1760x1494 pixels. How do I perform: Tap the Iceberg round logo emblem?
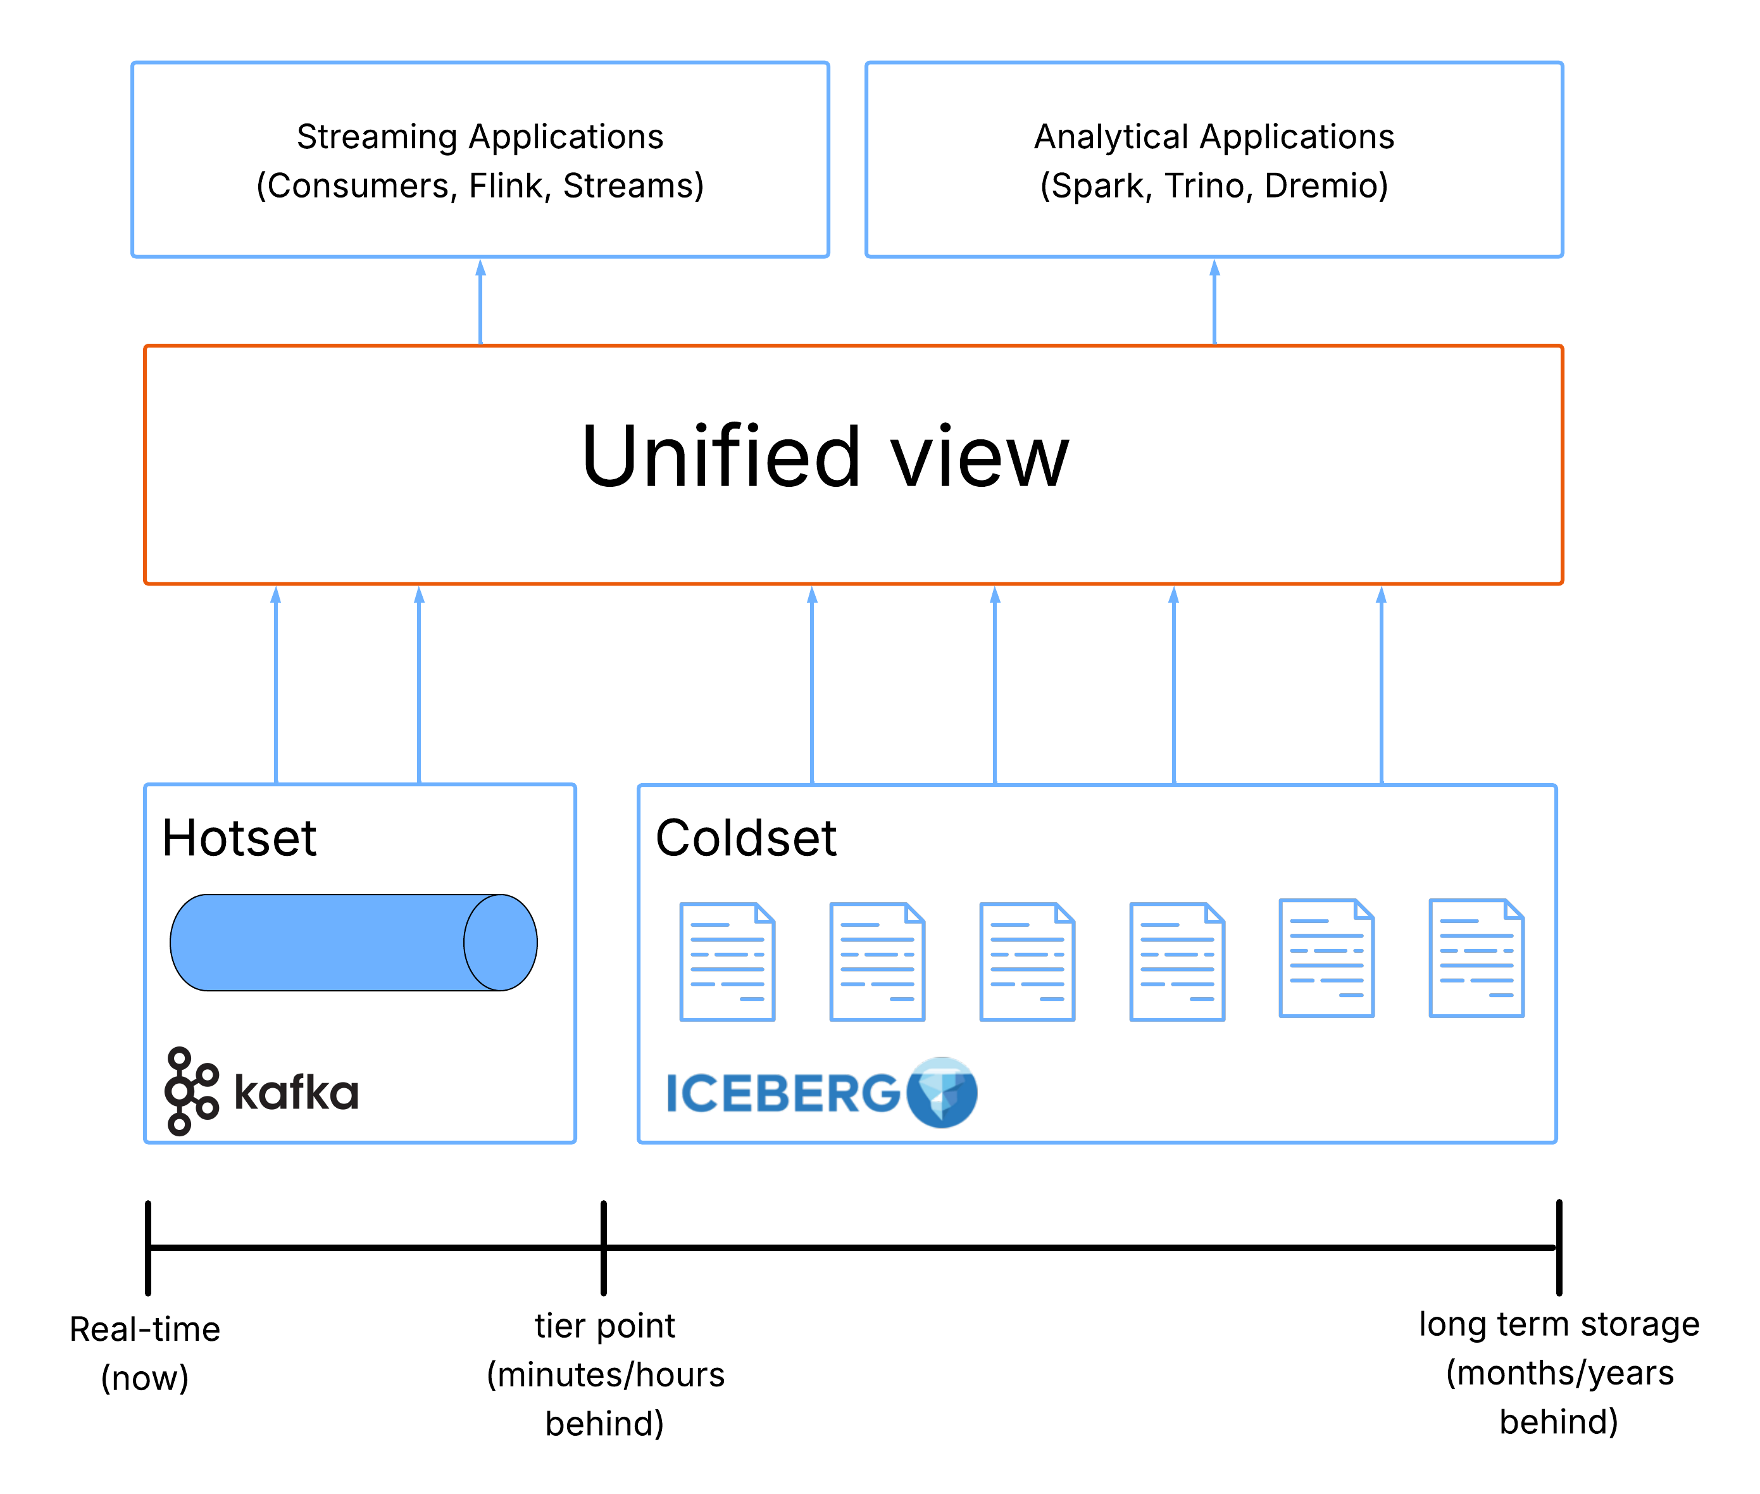click(x=941, y=1092)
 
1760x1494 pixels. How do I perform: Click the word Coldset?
click(x=746, y=838)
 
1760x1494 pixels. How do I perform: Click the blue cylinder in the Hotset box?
click(x=353, y=942)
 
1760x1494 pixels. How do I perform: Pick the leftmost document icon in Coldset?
click(x=727, y=961)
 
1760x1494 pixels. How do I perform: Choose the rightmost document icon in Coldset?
click(x=1476, y=958)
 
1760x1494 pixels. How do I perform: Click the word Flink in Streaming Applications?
click(x=508, y=185)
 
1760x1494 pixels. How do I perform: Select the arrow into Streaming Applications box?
click(x=480, y=301)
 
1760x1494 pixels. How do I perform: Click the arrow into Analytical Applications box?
click(x=1214, y=301)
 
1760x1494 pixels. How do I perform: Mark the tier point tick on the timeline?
click(x=604, y=1246)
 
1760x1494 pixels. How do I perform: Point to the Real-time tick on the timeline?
click(x=148, y=1246)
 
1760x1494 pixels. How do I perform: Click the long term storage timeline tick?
click(x=1559, y=1246)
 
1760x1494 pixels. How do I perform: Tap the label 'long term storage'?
click(x=1559, y=1324)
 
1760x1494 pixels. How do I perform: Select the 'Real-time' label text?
click(x=145, y=1329)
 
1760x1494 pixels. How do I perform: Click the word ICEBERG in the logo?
click(x=783, y=1093)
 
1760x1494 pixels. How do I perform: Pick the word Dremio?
click(x=1325, y=185)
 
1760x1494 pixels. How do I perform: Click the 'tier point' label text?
click(x=604, y=1326)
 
